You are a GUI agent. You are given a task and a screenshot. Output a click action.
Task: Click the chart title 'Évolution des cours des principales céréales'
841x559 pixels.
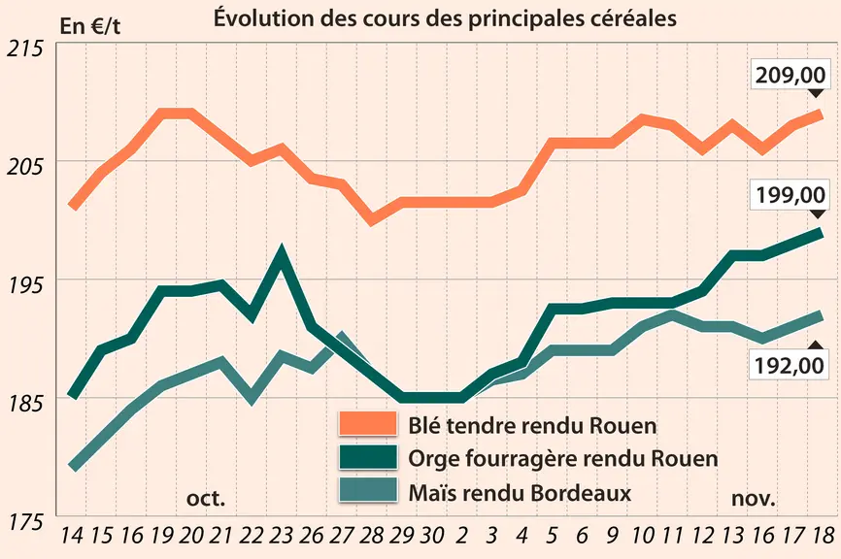pyautogui.click(x=445, y=18)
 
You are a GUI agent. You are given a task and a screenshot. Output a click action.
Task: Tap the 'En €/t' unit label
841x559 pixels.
pyautogui.click(x=90, y=26)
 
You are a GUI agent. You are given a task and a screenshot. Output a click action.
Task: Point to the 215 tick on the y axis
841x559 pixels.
pyautogui.click(x=24, y=49)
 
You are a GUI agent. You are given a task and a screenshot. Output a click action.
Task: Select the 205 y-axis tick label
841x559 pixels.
pyautogui.click(x=24, y=167)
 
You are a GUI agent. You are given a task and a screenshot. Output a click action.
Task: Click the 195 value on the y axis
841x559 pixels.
pyautogui.click(x=24, y=285)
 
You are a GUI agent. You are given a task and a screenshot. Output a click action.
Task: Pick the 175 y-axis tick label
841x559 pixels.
pyautogui.click(x=24, y=521)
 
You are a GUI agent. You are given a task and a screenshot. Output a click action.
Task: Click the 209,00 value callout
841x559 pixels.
pyautogui.click(x=791, y=75)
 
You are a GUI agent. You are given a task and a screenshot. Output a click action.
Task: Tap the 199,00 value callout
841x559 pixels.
pyautogui.click(x=791, y=194)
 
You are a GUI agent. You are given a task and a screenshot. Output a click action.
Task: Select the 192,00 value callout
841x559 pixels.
pyautogui.click(x=789, y=366)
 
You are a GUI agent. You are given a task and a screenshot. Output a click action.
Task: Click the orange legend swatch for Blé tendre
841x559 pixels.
pyautogui.click(x=368, y=424)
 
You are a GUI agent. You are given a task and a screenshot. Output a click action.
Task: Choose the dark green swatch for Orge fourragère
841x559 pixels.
pyautogui.click(x=368, y=457)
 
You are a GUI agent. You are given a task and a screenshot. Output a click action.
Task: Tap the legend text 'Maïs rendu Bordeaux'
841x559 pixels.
pyautogui.click(x=520, y=493)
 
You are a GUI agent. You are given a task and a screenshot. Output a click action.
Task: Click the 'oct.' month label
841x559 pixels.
pyautogui.click(x=206, y=499)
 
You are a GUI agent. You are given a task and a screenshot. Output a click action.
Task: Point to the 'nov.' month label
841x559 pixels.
pyautogui.click(x=754, y=499)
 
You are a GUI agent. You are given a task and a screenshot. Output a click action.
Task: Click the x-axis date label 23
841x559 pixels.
pyautogui.click(x=281, y=535)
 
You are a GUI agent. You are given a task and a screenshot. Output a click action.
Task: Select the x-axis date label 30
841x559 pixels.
pyautogui.click(x=431, y=535)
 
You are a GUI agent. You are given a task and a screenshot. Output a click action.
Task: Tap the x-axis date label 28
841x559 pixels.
pyautogui.click(x=371, y=535)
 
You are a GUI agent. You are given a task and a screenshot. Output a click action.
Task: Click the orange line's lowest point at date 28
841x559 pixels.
pyautogui.click(x=372, y=219)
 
